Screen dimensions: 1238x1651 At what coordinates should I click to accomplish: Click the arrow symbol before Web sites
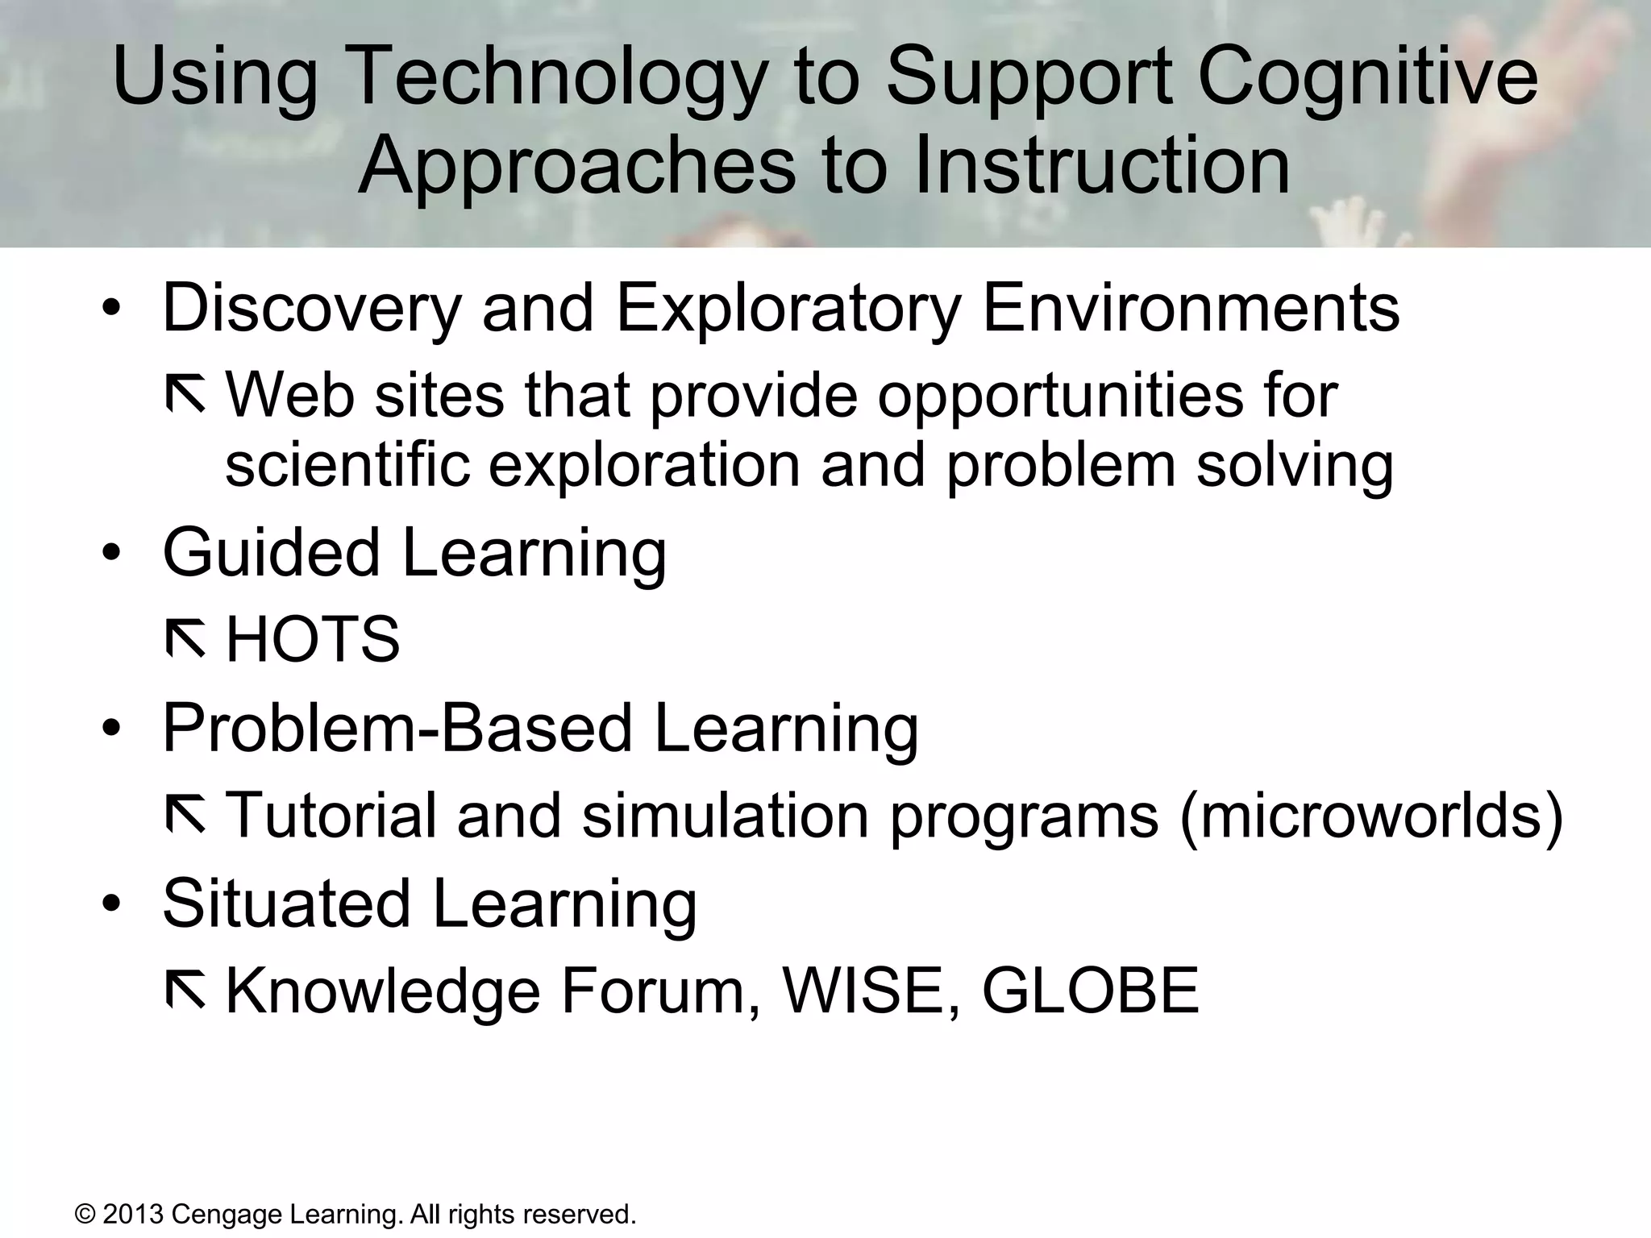[185, 396]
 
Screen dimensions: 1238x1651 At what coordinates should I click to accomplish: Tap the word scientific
[347, 465]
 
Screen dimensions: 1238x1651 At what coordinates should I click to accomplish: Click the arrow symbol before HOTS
[185, 641]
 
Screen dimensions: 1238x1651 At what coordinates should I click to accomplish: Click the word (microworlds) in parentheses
[1370, 816]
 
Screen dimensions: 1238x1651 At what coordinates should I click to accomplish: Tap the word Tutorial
[331, 815]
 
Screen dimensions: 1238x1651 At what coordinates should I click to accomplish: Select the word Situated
[286, 903]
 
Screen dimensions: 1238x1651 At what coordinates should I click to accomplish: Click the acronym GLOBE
[1090, 991]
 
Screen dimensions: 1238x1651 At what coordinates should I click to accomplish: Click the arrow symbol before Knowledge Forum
[185, 991]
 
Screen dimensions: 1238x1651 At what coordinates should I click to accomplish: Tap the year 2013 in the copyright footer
[134, 1214]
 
